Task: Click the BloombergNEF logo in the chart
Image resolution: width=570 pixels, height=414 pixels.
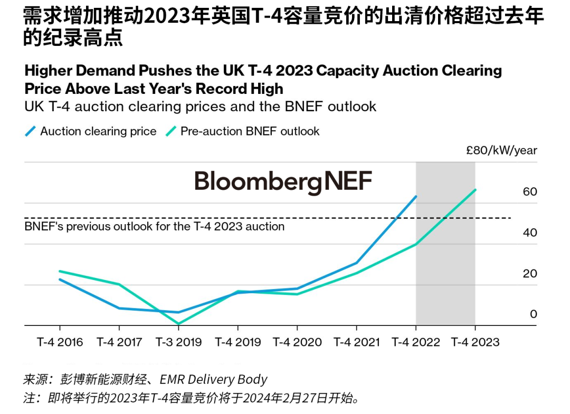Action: pyautogui.click(x=283, y=181)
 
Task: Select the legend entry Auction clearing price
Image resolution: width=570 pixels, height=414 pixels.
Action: pyautogui.click(x=98, y=131)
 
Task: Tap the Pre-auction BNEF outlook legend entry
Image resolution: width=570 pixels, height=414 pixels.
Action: pyautogui.click(x=250, y=131)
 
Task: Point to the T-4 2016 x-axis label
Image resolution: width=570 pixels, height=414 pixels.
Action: pyautogui.click(x=60, y=342)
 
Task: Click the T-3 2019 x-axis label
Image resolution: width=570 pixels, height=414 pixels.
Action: pyautogui.click(x=178, y=342)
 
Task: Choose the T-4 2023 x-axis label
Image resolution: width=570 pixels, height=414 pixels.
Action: pyautogui.click(x=475, y=342)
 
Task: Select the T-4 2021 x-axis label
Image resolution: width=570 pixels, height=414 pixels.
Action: pyautogui.click(x=357, y=342)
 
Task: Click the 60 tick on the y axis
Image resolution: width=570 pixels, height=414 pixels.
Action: pyautogui.click(x=529, y=192)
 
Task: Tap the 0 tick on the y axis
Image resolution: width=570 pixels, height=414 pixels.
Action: pyautogui.click(x=534, y=314)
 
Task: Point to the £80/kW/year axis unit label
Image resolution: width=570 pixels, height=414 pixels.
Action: pyautogui.click(x=501, y=150)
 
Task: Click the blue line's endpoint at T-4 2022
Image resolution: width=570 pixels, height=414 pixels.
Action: pyautogui.click(x=416, y=197)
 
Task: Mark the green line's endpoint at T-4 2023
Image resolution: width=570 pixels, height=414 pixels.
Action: pyautogui.click(x=476, y=190)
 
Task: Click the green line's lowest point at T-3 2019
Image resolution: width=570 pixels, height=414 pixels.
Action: pyautogui.click(x=178, y=323)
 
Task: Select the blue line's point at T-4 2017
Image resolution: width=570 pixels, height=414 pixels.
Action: pyautogui.click(x=119, y=308)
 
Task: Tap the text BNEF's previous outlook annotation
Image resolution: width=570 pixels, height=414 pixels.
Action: pyautogui.click(x=155, y=227)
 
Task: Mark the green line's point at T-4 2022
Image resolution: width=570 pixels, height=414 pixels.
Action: pyautogui.click(x=416, y=244)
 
